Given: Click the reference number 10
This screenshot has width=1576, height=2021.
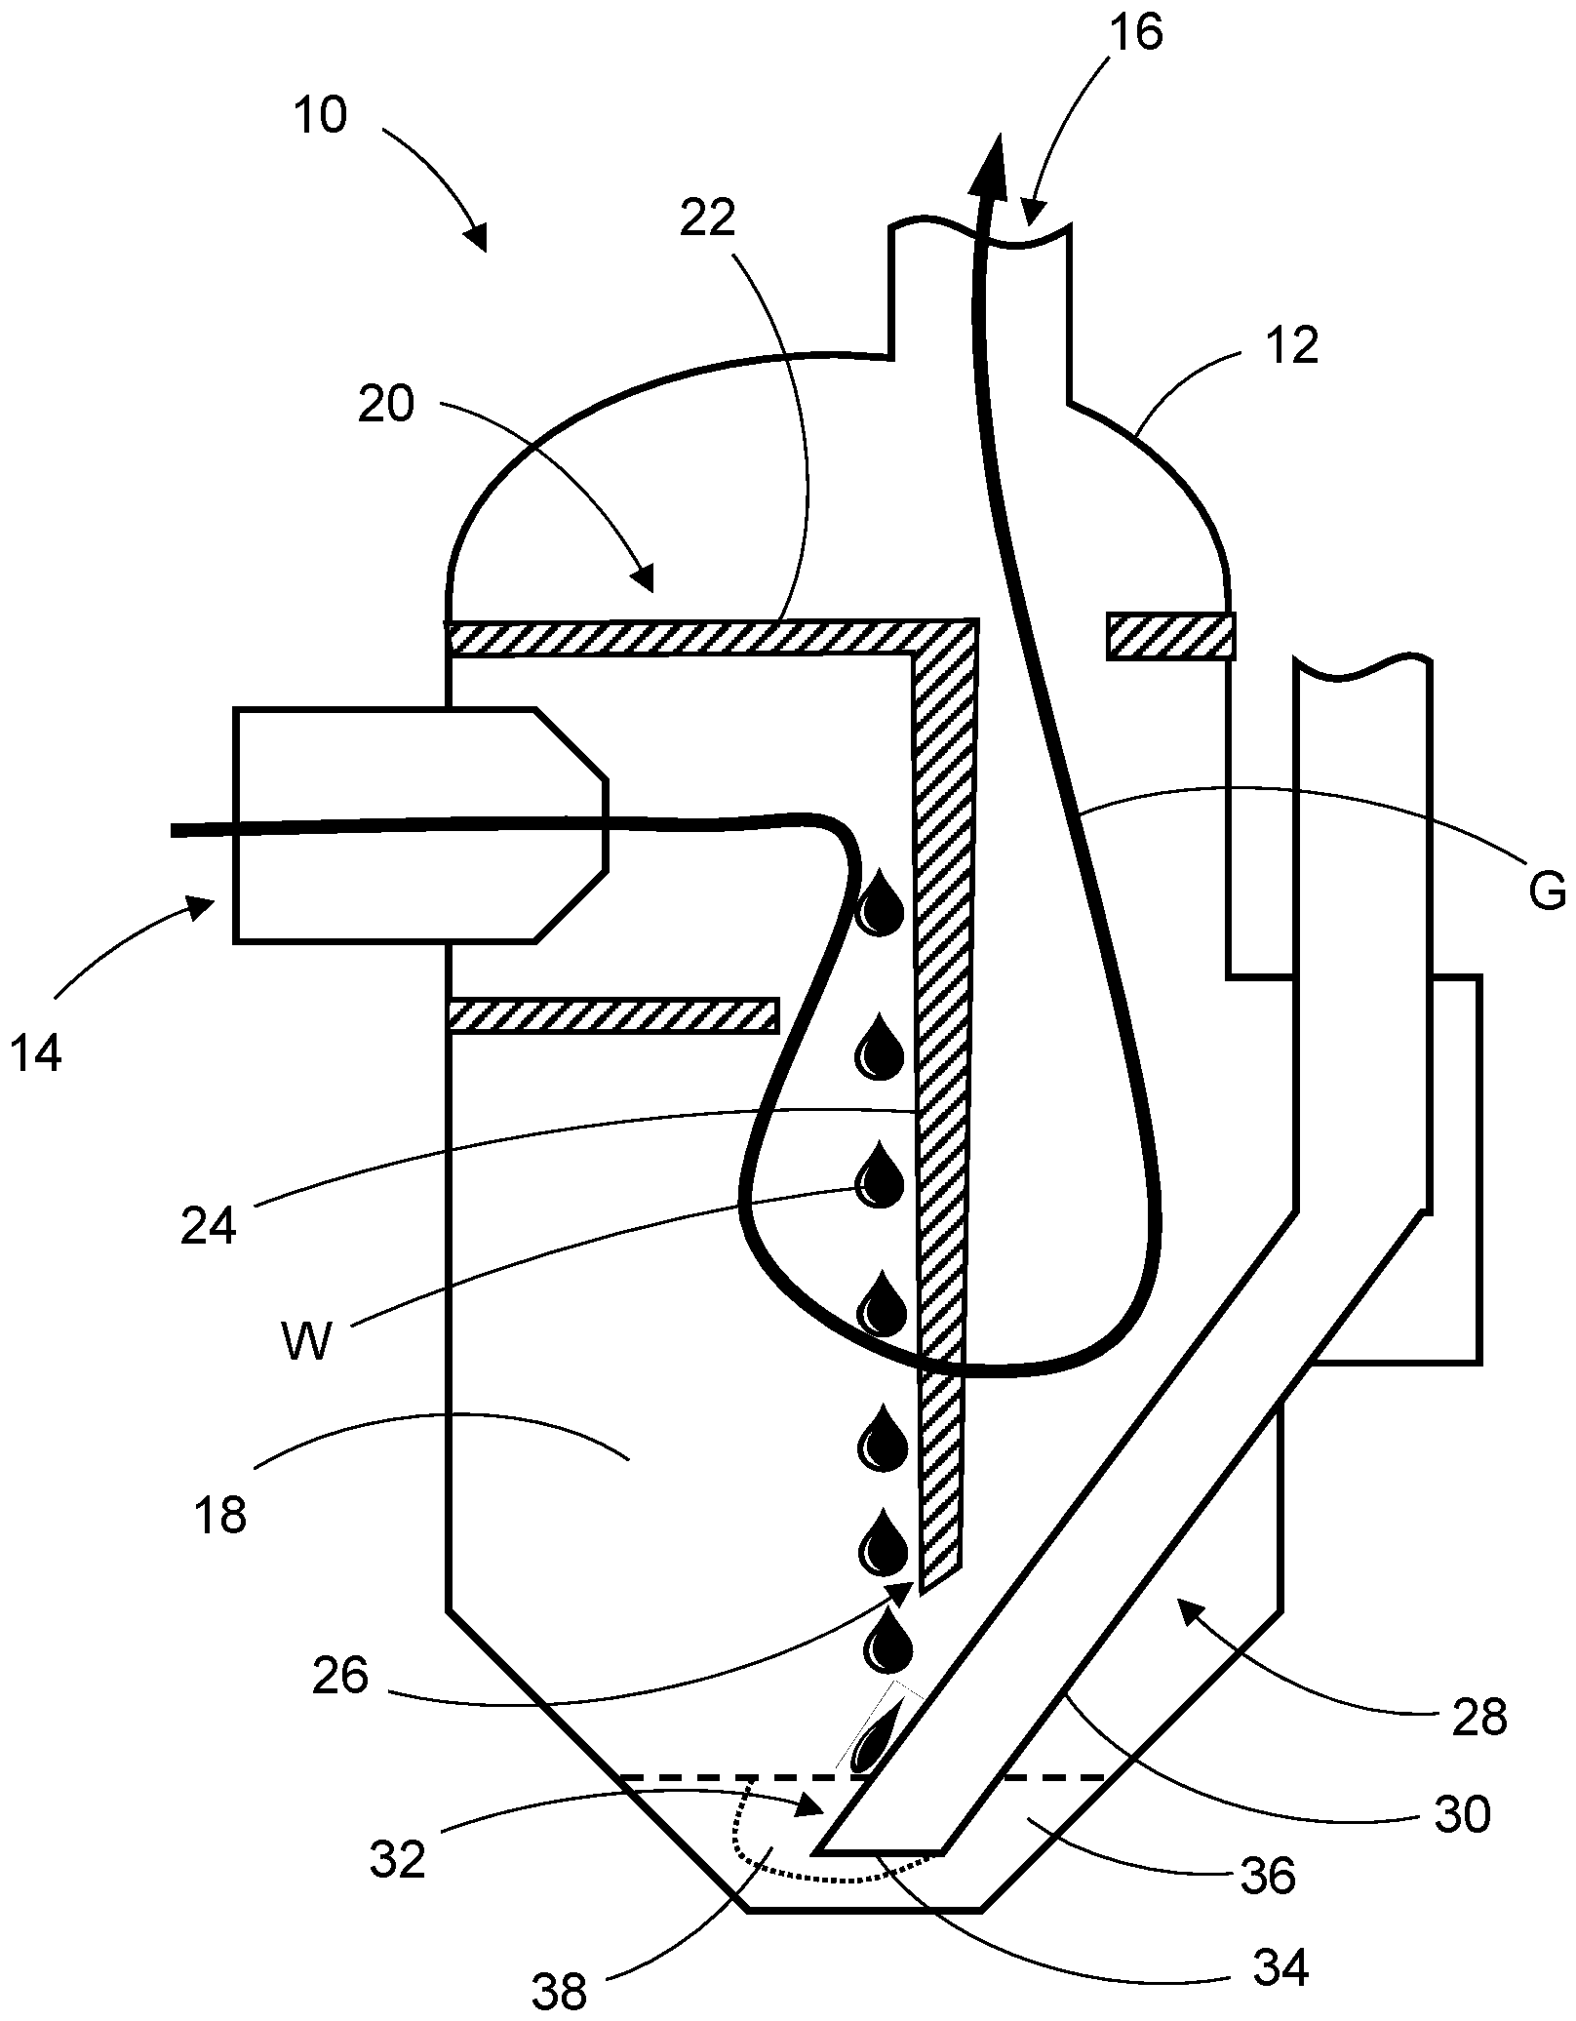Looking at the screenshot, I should coord(320,116).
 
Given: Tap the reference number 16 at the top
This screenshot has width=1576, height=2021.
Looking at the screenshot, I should coord(1136,32).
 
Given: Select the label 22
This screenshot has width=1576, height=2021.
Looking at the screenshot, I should coord(708,218).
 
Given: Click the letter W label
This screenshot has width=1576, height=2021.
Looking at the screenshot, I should coord(306,1341).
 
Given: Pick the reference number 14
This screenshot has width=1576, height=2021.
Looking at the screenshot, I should coord(38,1053).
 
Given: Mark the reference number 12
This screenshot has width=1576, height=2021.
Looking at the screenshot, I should coord(1294,346).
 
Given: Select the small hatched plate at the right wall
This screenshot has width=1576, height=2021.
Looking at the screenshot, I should coord(1169,636).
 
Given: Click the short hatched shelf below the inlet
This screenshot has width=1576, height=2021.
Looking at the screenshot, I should coord(612,1015).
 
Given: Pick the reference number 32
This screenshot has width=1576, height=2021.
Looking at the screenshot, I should coord(398,1860).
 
